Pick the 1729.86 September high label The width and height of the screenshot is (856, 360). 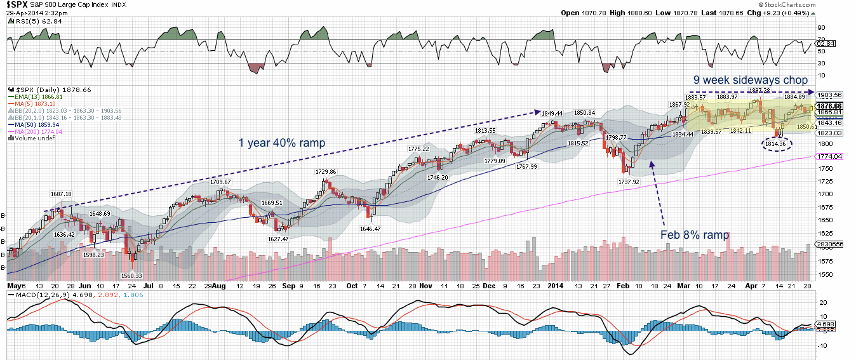tap(326, 172)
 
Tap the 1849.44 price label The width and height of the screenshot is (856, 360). tap(553, 112)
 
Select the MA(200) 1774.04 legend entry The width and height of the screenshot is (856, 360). tap(37, 131)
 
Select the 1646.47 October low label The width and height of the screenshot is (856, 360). tap(370, 228)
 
